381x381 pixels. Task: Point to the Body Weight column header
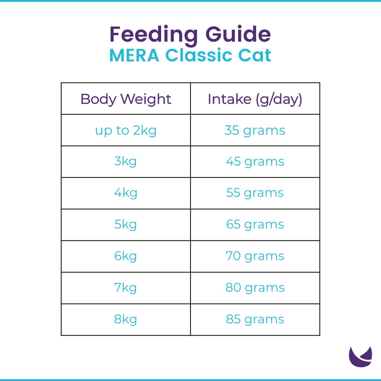[126, 99]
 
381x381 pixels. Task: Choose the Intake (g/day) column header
[255, 99]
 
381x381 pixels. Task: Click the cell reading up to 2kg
[126, 131]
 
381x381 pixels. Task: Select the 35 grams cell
[255, 131]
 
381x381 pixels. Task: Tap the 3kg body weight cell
[126, 162]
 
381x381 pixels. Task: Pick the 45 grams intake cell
[255, 162]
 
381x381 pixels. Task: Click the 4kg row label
[126, 193]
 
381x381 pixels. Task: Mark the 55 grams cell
[255, 193]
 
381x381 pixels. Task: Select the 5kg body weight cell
[126, 225]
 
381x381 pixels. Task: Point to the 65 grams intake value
[255, 225]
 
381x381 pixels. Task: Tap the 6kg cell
[126, 256]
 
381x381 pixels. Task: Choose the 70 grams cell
[255, 256]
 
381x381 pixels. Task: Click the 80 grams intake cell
[255, 288]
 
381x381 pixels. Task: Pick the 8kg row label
[126, 319]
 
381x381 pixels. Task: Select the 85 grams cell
[255, 319]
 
